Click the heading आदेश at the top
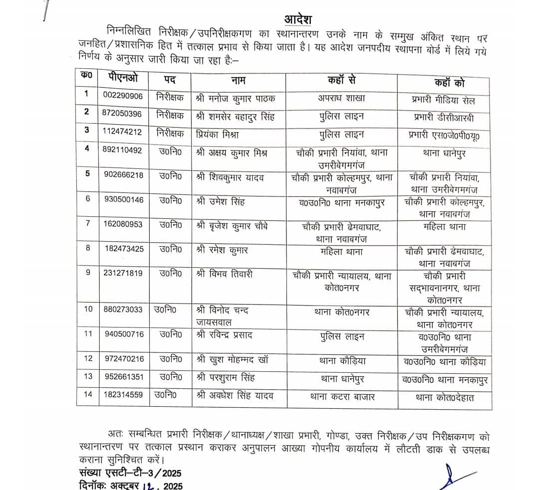click(297, 19)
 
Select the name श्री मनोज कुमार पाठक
click(235, 98)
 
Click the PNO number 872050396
click(123, 114)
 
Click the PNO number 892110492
click(123, 150)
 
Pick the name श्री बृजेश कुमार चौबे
click(232, 226)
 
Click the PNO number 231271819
click(123, 273)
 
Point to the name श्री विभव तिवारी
click(224, 274)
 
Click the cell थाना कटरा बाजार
click(341, 397)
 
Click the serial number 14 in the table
click(88, 394)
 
